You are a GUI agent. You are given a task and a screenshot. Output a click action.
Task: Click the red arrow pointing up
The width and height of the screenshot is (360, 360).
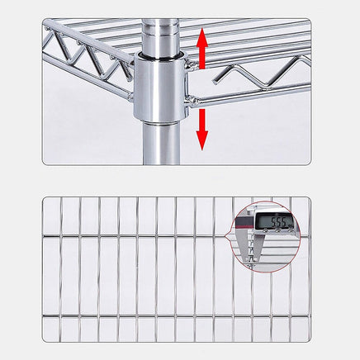pyautogui.click(x=201, y=49)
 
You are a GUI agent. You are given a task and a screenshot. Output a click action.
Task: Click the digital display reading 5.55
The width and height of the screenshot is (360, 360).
pyautogui.click(x=277, y=222)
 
